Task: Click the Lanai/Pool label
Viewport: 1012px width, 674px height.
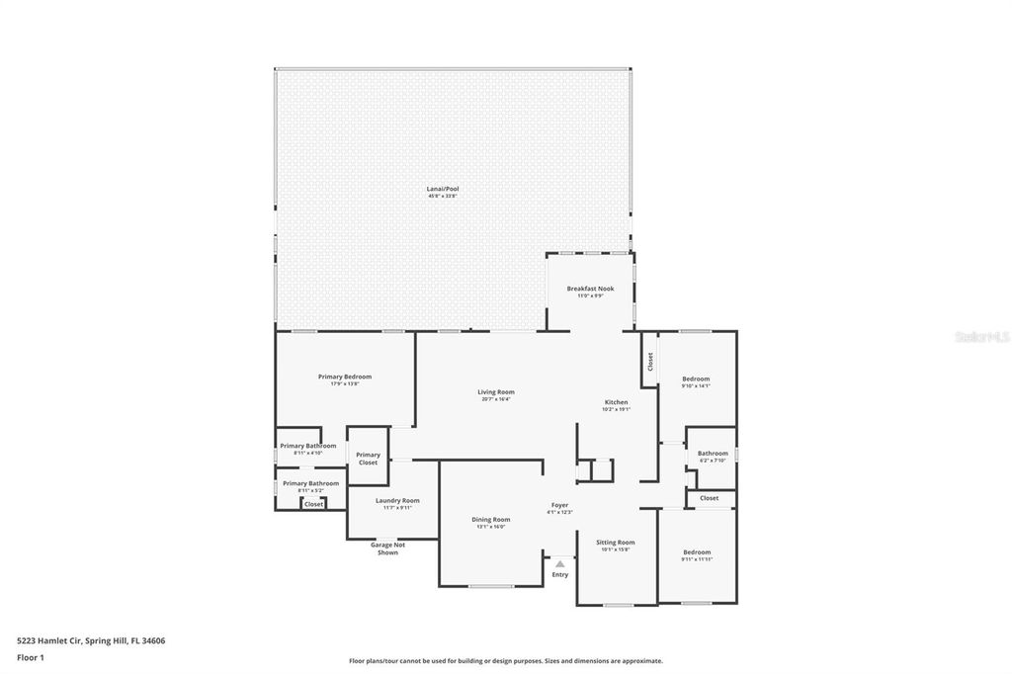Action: (x=442, y=188)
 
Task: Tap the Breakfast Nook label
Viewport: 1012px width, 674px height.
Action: (x=590, y=289)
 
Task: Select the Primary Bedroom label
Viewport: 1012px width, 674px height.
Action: (x=344, y=377)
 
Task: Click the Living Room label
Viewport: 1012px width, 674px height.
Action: (x=496, y=392)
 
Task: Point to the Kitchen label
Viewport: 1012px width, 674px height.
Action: (x=617, y=402)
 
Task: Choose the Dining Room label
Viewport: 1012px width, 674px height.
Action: (x=490, y=519)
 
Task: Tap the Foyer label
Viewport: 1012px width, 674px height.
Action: (x=560, y=505)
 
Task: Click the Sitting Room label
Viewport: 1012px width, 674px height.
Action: (x=616, y=542)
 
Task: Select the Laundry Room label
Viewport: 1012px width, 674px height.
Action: (x=397, y=500)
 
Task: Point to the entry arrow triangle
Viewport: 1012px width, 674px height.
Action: (x=560, y=563)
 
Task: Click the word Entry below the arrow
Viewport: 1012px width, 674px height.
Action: (x=560, y=574)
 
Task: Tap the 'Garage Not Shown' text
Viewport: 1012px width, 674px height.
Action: (x=387, y=548)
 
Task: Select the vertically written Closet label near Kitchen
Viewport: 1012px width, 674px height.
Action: (x=649, y=363)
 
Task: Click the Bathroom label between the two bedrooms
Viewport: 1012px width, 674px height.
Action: (x=713, y=454)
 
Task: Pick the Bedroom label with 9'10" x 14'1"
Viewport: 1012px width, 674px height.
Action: (x=696, y=379)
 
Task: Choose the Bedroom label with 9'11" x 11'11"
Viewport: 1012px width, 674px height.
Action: (x=696, y=552)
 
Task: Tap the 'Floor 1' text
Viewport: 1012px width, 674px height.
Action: (x=31, y=657)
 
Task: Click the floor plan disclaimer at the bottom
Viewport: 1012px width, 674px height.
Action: (x=506, y=661)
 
